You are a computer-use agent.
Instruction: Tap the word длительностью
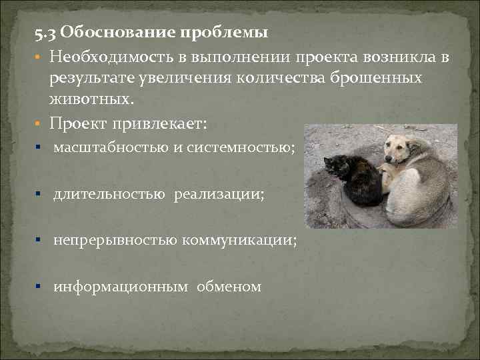pyautogui.click(x=109, y=194)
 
